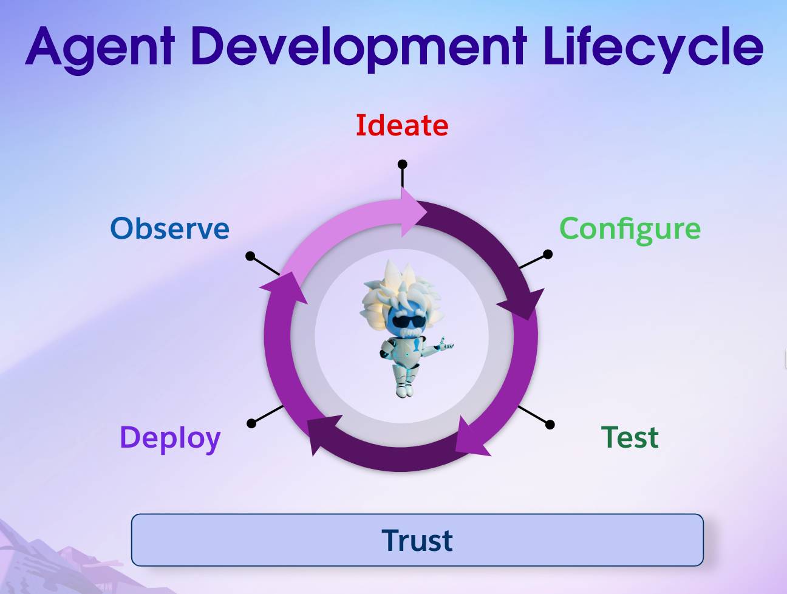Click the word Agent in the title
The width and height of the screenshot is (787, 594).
(x=100, y=47)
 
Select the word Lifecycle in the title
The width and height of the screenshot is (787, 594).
(x=653, y=47)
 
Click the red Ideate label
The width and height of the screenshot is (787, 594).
(x=401, y=126)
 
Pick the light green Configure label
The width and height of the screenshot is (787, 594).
(x=630, y=229)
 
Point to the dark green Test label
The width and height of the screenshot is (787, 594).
(x=630, y=437)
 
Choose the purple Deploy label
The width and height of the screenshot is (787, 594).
(x=170, y=438)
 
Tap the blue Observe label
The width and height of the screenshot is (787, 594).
(x=170, y=229)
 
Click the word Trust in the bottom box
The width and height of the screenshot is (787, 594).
(x=417, y=540)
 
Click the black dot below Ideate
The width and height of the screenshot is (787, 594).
(x=402, y=164)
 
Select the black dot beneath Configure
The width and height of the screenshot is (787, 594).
(x=548, y=254)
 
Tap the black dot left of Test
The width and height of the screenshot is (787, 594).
(x=550, y=424)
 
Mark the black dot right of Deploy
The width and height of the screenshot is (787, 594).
(x=251, y=423)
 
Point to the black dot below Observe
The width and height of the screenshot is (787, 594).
(x=250, y=256)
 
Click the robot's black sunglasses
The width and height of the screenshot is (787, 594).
(x=405, y=323)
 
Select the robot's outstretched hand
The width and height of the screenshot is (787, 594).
(x=446, y=346)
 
